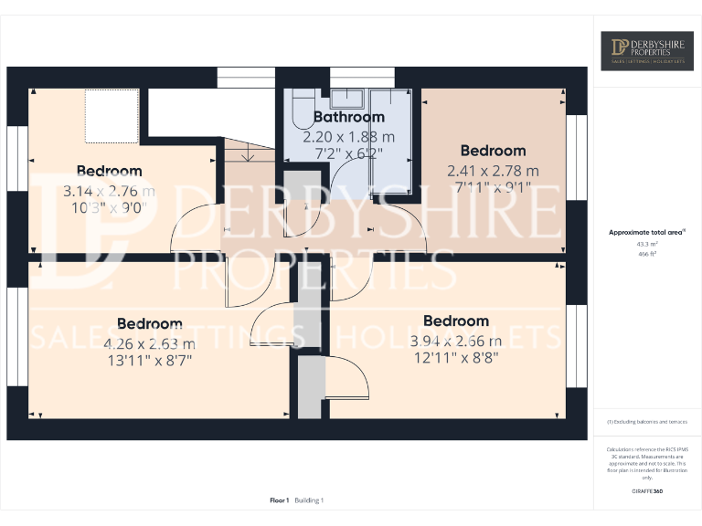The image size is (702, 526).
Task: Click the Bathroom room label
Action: [349, 117]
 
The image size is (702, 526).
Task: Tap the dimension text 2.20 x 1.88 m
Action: [349, 136]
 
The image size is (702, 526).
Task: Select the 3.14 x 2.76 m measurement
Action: [109, 192]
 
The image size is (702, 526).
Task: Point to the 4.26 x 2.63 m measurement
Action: [149, 343]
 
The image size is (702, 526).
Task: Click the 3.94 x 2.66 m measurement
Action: [455, 341]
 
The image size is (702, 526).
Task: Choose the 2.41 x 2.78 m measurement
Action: [493, 171]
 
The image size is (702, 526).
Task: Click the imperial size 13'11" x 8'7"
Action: [149, 361]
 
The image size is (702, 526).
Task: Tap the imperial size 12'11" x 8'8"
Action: [455, 358]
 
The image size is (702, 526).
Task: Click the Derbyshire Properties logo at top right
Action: [646, 51]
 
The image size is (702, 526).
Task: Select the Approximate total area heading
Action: [646, 233]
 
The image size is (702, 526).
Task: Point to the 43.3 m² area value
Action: [646, 244]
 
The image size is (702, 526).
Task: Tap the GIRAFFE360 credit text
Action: [646, 492]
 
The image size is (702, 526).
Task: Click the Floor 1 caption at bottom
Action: [280, 500]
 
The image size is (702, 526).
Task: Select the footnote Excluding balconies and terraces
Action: [646, 422]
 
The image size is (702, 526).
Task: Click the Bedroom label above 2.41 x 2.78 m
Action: [493, 151]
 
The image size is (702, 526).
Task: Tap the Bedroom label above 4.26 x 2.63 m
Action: [149, 324]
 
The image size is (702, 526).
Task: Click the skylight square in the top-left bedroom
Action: [111, 116]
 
